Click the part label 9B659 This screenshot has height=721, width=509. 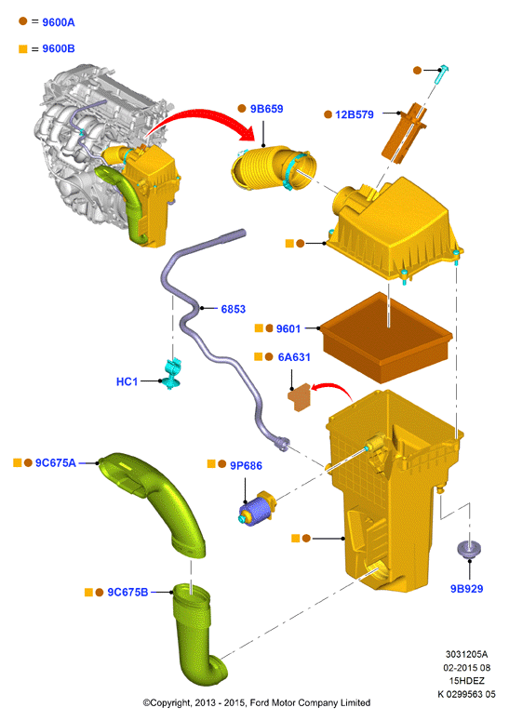pyautogui.click(x=266, y=109)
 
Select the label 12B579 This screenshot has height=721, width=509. pyautogui.click(x=354, y=115)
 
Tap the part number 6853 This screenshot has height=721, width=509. pyautogui.click(x=234, y=309)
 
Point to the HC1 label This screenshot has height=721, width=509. pyautogui.click(x=127, y=381)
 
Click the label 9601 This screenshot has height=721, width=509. pyautogui.click(x=288, y=328)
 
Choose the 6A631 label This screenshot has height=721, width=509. pyautogui.click(x=294, y=357)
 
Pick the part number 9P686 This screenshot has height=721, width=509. pyautogui.click(x=246, y=466)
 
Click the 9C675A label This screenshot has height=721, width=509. pyautogui.click(x=56, y=463)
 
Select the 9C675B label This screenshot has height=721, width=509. pyautogui.click(x=127, y=593)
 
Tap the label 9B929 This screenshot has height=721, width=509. pyautogui.click(x=466, y=589)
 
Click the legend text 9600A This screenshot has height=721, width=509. pyautogui.click(x=59, y=22)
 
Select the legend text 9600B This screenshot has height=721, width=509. pyautogui.click(x=59, y=48)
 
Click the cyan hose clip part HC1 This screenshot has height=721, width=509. pyautogui.click(x=173, y=373)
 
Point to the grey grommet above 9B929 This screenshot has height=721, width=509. pyautogui.click(x=469, y=549)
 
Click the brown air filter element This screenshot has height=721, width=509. pyautogui.click(x=386, y=338)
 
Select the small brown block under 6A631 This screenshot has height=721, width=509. pyautogui.click(x=300, y=397)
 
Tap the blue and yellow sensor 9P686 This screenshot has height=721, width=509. pyautogui.click(x=257, y=509)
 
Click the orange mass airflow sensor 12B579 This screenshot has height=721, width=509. pyautogui.click(x=404, y=132)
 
